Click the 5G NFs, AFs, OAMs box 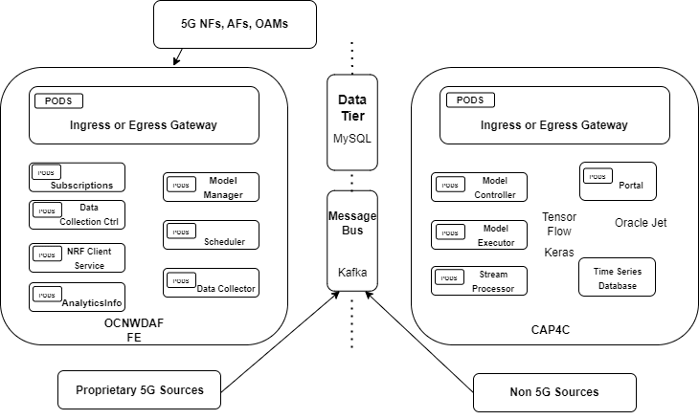235,24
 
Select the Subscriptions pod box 77,178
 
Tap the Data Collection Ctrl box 77,214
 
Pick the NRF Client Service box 77,258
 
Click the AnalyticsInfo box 77,298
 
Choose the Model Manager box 211,188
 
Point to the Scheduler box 211,235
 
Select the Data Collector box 211,282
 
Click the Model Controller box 479,188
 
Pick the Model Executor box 479,235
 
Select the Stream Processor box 479,281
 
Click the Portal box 619,181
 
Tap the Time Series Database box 618,277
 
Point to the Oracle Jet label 641,223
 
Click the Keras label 559,254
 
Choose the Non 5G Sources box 554,391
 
